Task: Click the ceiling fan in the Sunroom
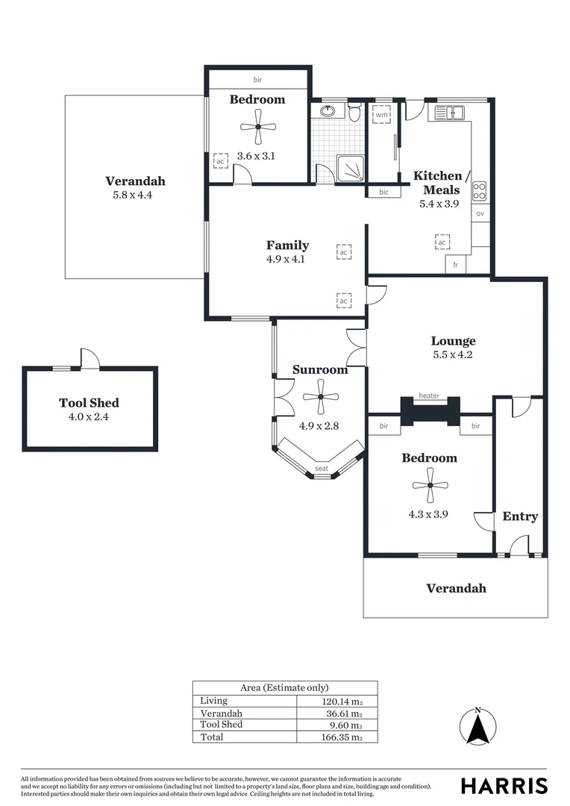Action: click(x=320, y=396)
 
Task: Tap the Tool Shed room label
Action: click(x=89, y=403)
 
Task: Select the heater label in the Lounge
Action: click(x=429, y=396)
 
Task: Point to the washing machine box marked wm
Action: click(x=381, y=115)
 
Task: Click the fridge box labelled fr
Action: click(x=455, y=265)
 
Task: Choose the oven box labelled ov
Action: click(x=480, y=213)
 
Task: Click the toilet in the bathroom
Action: click(x=355, y=113)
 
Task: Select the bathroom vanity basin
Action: click(x=328, y=112)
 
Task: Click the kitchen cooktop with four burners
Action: click(x=480, y=191)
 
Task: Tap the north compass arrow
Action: click(x=477, y=725)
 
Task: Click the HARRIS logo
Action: click(x=504, y=785)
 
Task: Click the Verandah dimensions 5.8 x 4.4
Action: click(x=135, y=195)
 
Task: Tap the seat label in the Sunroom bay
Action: click(x=321, y=468)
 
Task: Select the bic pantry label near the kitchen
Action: click(x=384, y=192)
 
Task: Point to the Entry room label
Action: click(x=520, y=516)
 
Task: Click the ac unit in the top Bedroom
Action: click(x=220, y=160)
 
